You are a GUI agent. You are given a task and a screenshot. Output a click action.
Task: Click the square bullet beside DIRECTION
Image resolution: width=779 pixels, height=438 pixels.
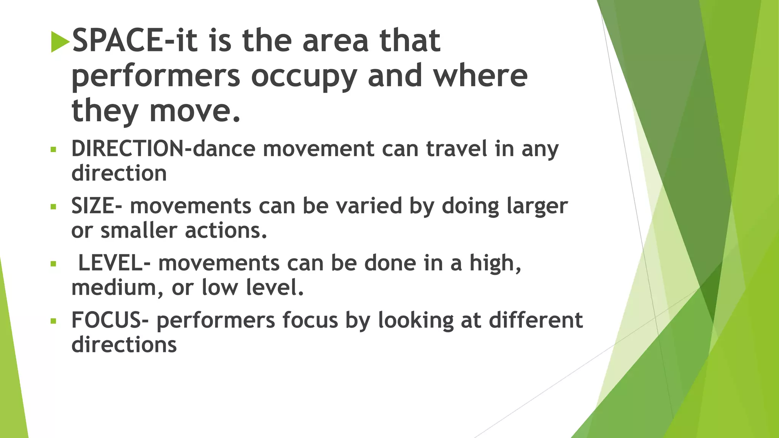point(53,149)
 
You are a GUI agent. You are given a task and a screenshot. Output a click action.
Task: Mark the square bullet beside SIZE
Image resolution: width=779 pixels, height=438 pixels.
point(53,207)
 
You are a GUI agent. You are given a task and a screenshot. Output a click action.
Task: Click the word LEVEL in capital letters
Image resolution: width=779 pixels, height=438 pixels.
point(110,263)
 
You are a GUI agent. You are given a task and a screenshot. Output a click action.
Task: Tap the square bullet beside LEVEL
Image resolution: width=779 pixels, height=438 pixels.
point(53,264)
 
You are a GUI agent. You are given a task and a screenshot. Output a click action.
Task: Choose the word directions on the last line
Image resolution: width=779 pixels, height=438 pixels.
point(124,345)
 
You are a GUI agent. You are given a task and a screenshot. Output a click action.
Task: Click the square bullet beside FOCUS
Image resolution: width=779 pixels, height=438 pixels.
point(53,321)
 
